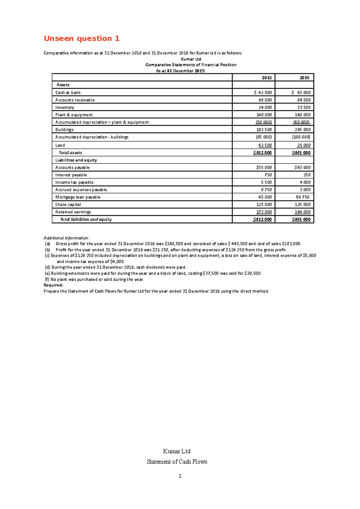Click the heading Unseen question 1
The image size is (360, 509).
[x=82, y=38]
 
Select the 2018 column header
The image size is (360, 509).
[x=266, y=78]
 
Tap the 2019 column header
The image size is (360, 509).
[x=304, y=78]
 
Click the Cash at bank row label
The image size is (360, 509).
[x=68, y=93]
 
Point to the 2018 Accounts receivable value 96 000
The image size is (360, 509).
[x=265, y=100]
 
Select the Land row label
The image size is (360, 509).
[x=60, y=145]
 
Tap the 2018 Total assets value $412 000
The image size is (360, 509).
[x=262, y=153]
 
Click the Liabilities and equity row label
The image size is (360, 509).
[x=76, y=160]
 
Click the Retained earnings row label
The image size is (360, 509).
[x=73, y=212]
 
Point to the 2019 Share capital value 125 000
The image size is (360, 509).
[x=302, y=204]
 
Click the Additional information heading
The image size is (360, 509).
[x=66, y=238]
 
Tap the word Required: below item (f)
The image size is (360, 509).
[x=53, y=285]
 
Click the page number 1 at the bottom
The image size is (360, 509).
[x=180, y=476]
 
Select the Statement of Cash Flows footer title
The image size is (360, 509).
[x=177, y=462]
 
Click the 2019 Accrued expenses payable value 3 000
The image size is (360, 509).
[x=305, y=190]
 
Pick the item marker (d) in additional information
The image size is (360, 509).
[x=47, y=267]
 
